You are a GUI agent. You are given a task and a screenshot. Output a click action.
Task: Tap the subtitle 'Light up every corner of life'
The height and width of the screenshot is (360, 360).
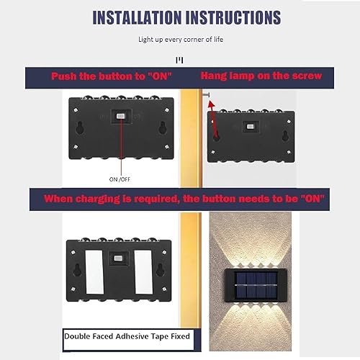pos(180,41)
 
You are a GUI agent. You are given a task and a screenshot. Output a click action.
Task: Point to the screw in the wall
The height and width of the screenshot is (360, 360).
pos(206,94)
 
